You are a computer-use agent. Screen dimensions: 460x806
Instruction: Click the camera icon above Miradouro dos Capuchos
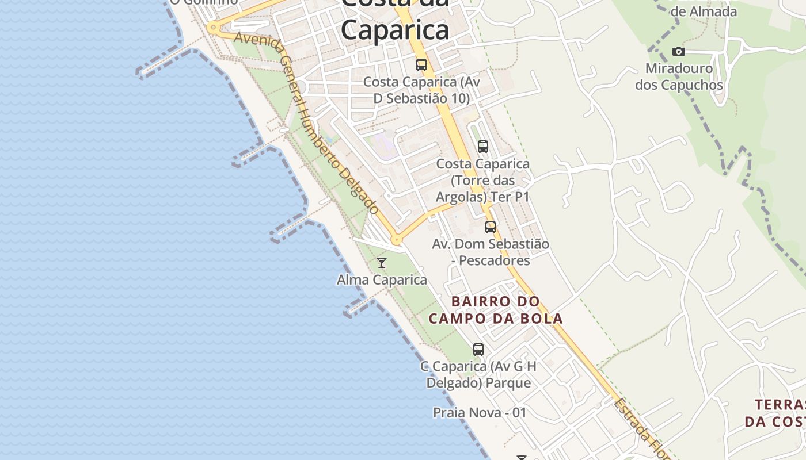[678, 52]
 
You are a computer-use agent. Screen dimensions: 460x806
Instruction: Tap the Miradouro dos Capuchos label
[679, 76]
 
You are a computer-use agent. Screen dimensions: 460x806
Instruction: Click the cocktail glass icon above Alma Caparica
[381, 263]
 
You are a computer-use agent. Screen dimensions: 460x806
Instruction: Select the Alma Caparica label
[382, 280]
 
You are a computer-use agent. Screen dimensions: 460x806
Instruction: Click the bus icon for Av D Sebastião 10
[421, 65]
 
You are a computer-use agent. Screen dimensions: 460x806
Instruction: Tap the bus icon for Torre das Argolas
[482, 147]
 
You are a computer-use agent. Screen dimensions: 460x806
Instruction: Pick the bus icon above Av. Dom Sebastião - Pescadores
[490, 227]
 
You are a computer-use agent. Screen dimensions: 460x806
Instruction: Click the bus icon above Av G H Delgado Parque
[478, 349]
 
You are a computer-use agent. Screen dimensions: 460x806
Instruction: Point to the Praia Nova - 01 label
[480, 412]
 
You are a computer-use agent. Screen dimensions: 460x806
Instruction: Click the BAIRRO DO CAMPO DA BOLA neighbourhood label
[496, 309]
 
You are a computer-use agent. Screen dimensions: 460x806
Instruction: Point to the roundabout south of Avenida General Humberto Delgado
[396, 239]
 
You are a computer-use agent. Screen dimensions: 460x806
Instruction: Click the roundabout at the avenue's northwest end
[213, 27]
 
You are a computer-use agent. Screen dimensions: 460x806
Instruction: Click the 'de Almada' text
[704, 11]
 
